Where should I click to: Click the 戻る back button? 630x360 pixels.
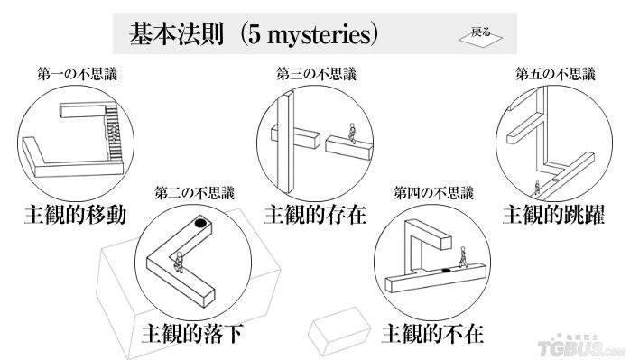click(480, 37)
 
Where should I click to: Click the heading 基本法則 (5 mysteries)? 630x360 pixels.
click(254, 33)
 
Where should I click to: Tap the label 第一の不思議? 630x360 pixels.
click(77, 75)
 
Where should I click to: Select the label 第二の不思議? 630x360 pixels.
click(194, 193)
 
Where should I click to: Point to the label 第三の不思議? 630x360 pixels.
click(316, 74)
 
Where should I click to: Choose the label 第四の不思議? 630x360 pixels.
click(434, 193)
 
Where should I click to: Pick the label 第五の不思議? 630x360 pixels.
click(556, 74)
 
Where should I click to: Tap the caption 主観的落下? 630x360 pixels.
click(192, 333)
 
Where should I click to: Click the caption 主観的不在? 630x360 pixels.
click(432, 333)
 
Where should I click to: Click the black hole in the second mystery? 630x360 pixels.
click(200, 223)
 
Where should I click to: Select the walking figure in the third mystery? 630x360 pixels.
click(352, 133)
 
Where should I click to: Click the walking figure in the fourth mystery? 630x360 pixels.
click(463, 257)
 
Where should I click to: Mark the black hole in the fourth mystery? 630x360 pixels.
click(446, 270)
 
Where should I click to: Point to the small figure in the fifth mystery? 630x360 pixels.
click(537, 188)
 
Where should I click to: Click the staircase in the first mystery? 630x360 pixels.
click(113, 132)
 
